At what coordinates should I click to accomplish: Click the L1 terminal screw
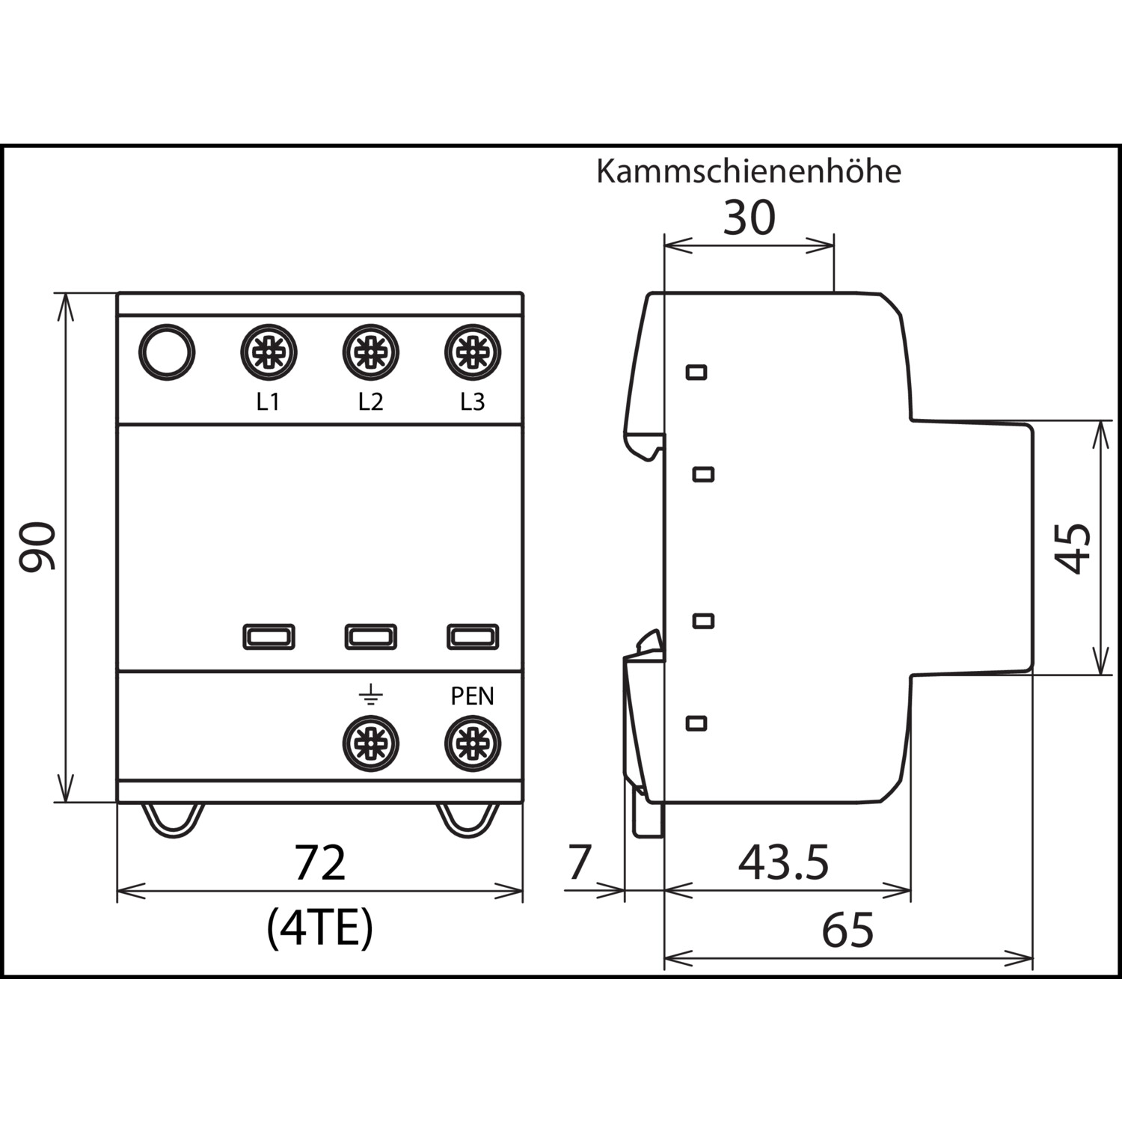(x=269, y=352)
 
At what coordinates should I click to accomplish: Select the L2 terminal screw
(x=370, y=352)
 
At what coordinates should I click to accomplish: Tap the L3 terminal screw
(x=472, y=352)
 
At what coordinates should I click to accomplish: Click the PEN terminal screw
(x=472, y=744)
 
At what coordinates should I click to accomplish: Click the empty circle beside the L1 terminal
(x=167, y=352)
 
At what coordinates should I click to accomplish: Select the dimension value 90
(x=37, y=547)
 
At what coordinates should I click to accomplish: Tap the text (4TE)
(x=319, y=928)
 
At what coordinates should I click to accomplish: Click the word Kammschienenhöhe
(x=749, y=171)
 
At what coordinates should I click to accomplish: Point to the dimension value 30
(x=749, y=218)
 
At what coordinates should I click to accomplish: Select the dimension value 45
(x=1073, y=548)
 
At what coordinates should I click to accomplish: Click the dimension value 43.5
(x=783, y=862)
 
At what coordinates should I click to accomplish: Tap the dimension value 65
(x=847, y=931)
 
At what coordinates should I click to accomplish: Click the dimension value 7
(x=580, y=862)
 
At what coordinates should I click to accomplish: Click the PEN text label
(x=472, y=696)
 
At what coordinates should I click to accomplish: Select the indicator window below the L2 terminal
(x=370, y=637)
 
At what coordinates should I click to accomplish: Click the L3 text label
(x=472, y=402)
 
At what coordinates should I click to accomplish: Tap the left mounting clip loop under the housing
(x=174, y=821)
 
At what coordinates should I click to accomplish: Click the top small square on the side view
(x=696, y=372)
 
